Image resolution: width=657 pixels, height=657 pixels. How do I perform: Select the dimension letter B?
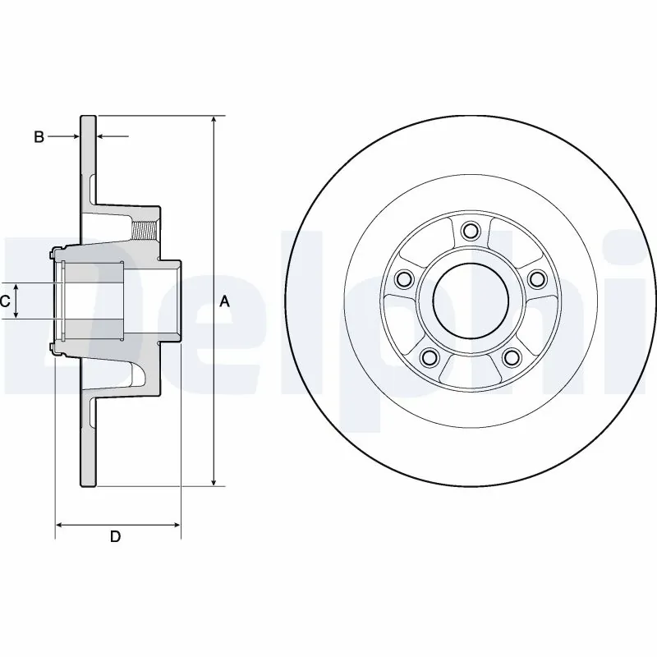39,137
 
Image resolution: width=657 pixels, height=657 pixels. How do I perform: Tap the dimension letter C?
5,301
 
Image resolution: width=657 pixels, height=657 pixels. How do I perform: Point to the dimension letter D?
116,537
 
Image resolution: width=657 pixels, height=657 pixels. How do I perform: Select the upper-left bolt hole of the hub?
402,280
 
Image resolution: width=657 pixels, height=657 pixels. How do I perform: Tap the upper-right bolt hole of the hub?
537,280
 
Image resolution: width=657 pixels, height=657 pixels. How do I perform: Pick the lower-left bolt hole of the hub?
428,357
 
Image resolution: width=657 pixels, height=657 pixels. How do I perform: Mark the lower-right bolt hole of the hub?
512,357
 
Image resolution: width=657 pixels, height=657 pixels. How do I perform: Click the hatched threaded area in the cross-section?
145,229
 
